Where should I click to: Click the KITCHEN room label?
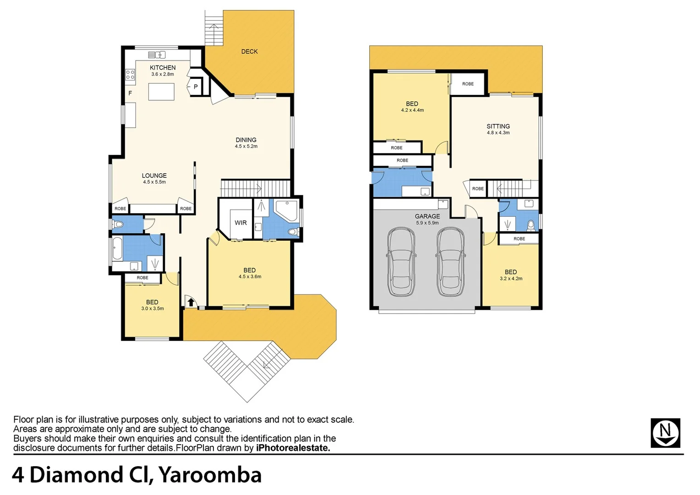pyautogui.click(x=163, y=68)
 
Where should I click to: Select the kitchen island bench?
pyautogui.click(x=161, y=92)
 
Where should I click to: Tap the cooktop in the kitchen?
pyautogui.click(x=130, y=75)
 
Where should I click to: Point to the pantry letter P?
pyautogui.click(x=196, y=87)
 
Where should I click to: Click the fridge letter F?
pyautogui.click(x=130, y=93)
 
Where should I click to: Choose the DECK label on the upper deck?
pyautogui.click(x=249, y=52)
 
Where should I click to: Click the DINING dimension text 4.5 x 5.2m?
pyautogui.click(x=246, y=147)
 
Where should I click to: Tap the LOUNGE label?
pyautogui.click(x=154, y=176)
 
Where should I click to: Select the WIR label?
pyautogui.click(x=241, y=223)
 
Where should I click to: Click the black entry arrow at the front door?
pyautogui.click(x=191, y=302)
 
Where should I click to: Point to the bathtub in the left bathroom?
pyautogui.click(x=117, y=248)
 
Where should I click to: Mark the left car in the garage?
pyautogui.click(x=401, y=262)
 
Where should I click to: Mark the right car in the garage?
pyautogui.click(x=450, y=262)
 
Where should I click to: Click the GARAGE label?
pyautogui.click(x=427, y=216)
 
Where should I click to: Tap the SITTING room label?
pyautogui.click(x=498, y=126)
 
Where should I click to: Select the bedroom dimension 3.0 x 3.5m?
pyautogui.click(x=153, y=309)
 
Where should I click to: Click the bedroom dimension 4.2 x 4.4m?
pyautogui.click(x=412, y=110)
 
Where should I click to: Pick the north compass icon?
pyautogui.click(x=665, y=433)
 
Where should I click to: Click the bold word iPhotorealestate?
pyautogui.click(x=293, y=448)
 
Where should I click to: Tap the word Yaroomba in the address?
pyautogui.click(x=210, y=475)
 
